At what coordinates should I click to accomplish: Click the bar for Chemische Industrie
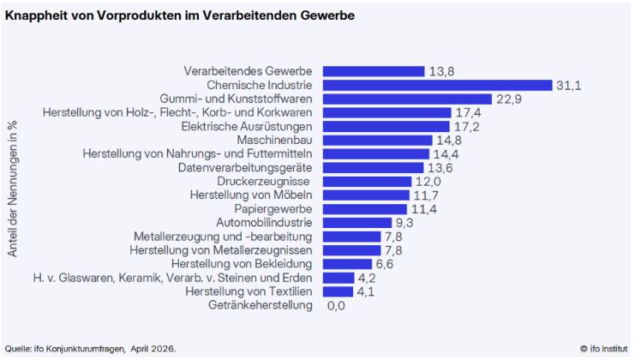pyautogui.click(x=435, y=85)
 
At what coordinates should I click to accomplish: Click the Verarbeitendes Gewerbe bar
pyautogui.click(x=371, y=71)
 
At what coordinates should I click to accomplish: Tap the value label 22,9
pyautogui.click(x=509, y=99)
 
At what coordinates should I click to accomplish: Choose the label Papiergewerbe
pyautogui.click(x=273, y=208)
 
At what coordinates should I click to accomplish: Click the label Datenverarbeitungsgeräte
pyautogui.click(x=245, y=167)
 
